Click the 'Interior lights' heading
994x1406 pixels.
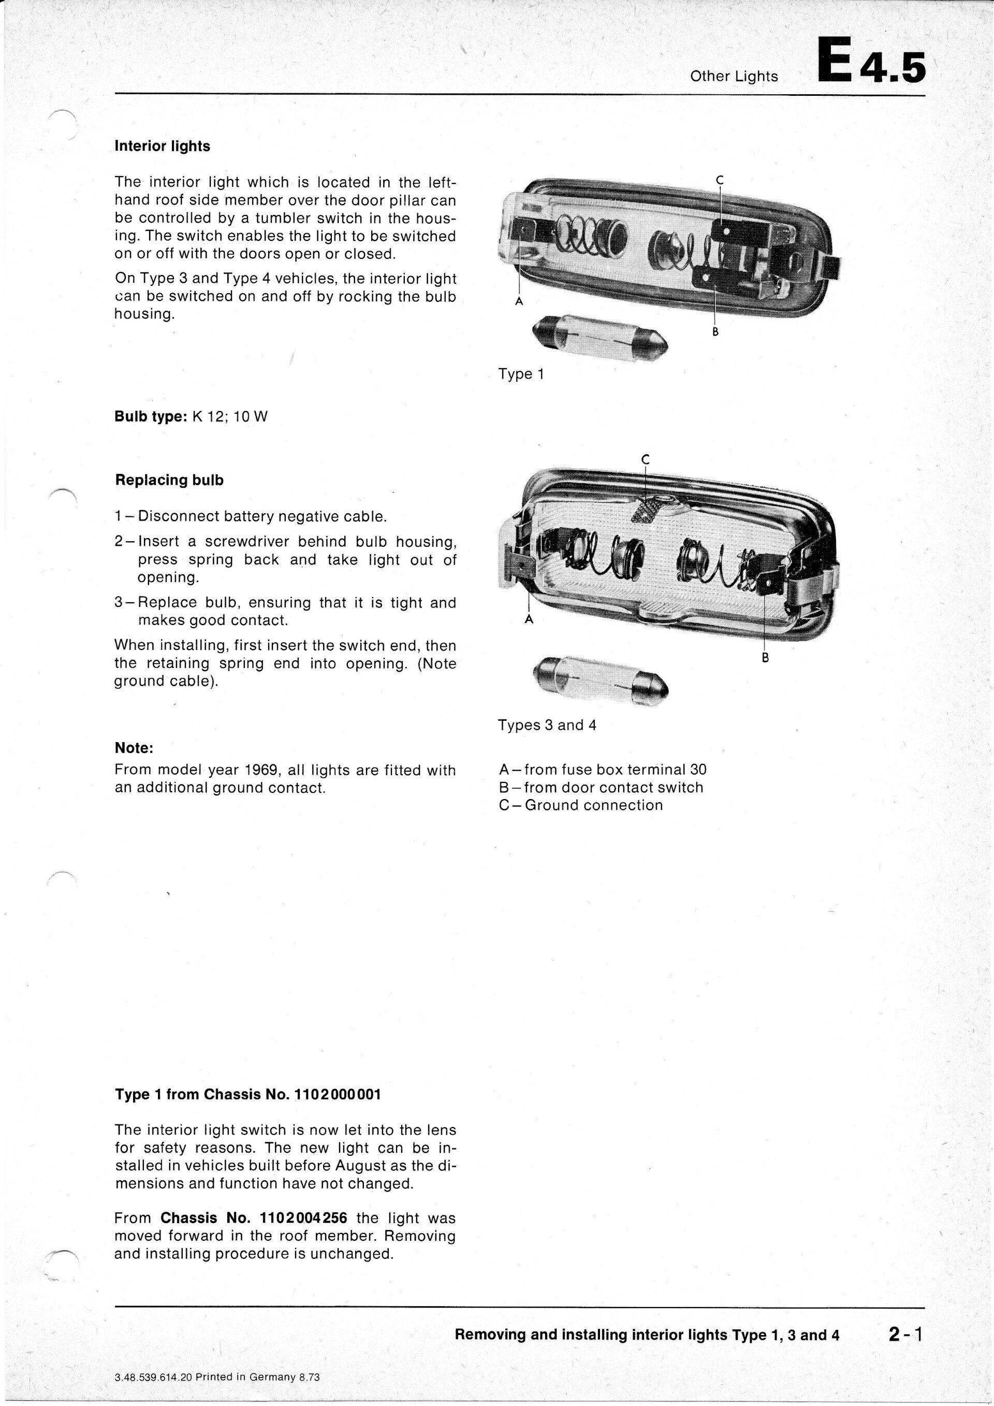[162, 147]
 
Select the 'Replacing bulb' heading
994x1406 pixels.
[169, 481]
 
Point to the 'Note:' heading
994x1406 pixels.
[134, 748]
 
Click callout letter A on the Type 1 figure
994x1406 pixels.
[518, 301]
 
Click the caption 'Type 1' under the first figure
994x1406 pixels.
[521, 374]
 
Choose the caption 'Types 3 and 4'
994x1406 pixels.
[547, 726]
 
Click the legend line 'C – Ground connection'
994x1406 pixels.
[581, 805]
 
